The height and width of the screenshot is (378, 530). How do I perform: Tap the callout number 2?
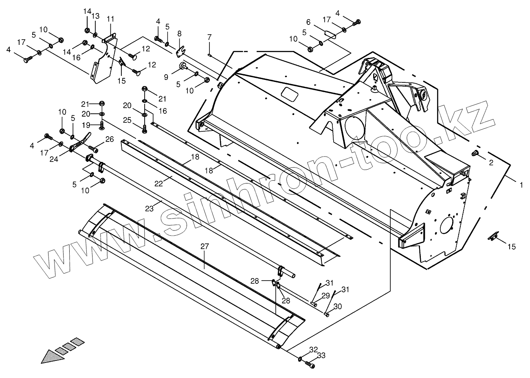pyautogui.click(x=491, y=162)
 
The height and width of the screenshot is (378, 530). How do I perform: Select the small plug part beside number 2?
pyautogui.click(x=475, y=153)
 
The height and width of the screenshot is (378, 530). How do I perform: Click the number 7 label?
pyautogui.click(x=209, y=37)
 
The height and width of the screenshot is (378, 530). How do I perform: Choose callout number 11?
pyautogui.click(x=110, y=19)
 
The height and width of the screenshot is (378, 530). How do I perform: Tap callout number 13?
pyautogui.click(x=95, y=16)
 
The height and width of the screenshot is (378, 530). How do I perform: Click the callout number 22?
pyautogui.click(x=158, y=184)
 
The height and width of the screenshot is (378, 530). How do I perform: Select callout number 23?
pyautogui.click(x=149, y=209)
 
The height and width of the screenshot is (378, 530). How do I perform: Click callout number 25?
pyautogui.click(x=127, y=120)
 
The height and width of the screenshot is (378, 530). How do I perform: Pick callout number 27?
pyautogui.click(x=205, y=246)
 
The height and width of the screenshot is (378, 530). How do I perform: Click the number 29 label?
pyautogui.click(x=325, y=295)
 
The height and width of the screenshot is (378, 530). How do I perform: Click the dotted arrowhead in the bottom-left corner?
pyautogui.click(x=53, y=356)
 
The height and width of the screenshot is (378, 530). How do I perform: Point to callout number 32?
pyautogui.click(x=313, y=349)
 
